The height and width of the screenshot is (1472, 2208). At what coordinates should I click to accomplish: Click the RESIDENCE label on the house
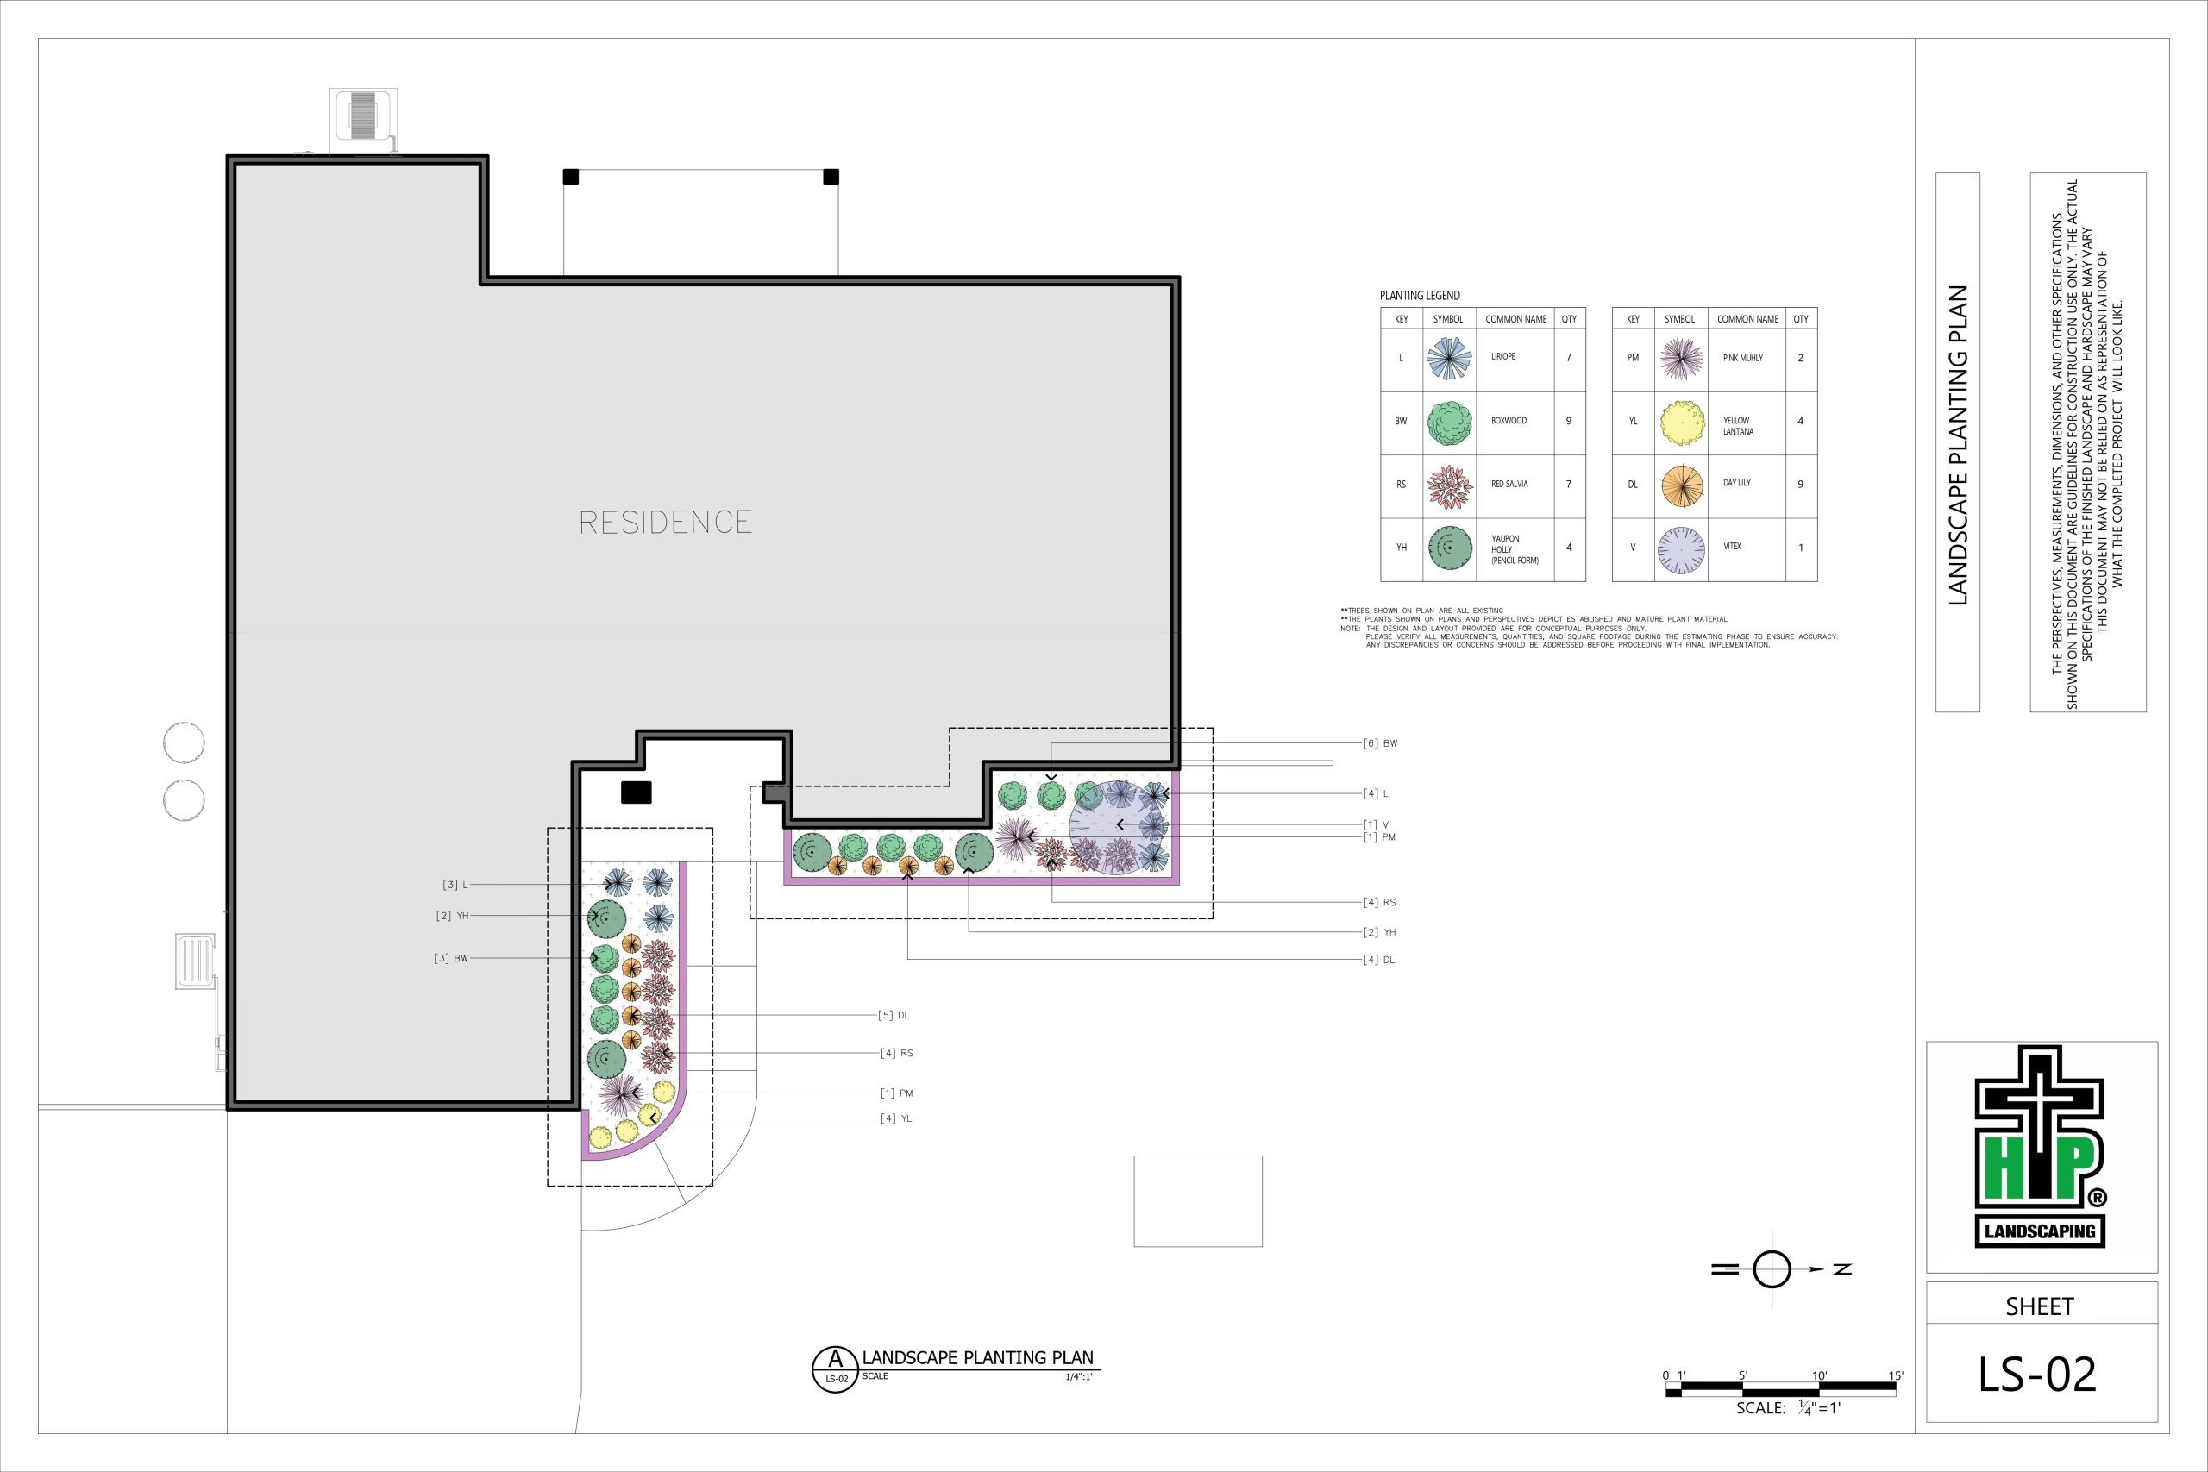coord(666,522)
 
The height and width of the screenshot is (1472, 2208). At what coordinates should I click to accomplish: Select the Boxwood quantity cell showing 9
coord(1569,422)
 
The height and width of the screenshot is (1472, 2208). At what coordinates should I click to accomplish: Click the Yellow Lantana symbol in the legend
coord(1681,423)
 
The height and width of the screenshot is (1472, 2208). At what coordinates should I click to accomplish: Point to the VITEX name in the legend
coord(1732,547)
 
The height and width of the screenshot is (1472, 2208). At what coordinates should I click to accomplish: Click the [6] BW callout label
coord(1380,743)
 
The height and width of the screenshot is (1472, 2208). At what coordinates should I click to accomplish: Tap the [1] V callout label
coord(1376,825)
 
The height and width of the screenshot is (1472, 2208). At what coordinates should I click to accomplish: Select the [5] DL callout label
coord(894,1015)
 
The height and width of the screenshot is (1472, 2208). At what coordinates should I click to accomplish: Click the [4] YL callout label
coord(895,1118)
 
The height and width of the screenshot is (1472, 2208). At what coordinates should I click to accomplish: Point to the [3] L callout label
coord(455,885)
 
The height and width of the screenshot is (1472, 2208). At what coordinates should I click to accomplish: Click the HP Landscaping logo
coord(2041,1147)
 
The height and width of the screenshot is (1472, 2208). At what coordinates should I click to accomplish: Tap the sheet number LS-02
coord(2038,1375)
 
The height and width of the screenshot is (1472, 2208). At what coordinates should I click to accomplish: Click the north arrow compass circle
coord(1772,1269)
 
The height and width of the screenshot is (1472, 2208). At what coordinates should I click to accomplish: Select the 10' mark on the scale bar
coord(1818,1376)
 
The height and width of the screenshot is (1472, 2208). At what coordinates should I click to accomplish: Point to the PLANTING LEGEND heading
coord(1420,296)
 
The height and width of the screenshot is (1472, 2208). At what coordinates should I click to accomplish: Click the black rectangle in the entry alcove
coord(637,792)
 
